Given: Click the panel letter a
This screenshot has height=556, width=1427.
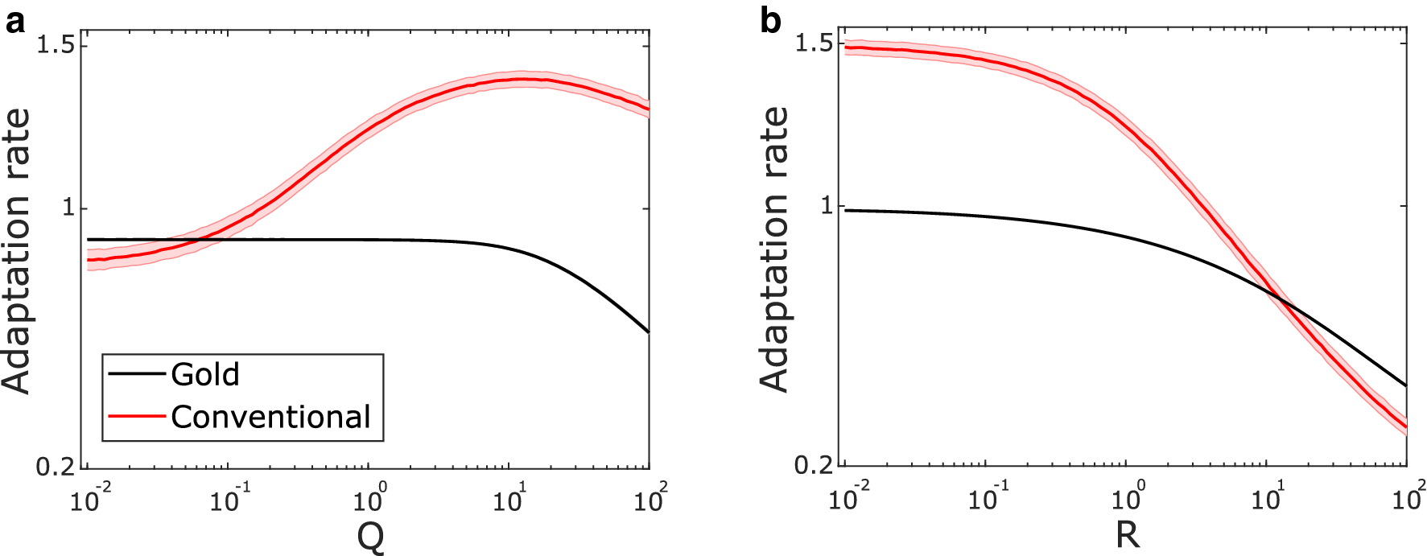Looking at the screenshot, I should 14,22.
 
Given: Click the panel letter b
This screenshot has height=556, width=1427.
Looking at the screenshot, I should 770,22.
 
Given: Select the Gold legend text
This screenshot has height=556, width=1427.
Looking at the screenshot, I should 205,375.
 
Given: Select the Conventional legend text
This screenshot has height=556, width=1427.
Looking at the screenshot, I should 270,418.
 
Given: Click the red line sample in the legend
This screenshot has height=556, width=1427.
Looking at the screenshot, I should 137,417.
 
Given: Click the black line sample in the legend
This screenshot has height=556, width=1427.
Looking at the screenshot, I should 137,373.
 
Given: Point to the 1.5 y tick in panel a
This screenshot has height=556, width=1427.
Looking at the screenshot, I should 56,45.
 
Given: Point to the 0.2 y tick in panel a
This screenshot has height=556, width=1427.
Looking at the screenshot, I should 56,467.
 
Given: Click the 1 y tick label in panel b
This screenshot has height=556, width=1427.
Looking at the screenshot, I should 827,206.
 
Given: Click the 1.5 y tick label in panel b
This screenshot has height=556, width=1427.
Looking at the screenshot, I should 814,43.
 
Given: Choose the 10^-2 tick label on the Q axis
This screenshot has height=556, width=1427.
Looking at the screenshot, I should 89,500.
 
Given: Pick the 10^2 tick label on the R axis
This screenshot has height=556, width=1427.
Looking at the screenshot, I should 1408,498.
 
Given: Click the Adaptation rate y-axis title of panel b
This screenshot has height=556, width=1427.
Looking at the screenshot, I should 774,249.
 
